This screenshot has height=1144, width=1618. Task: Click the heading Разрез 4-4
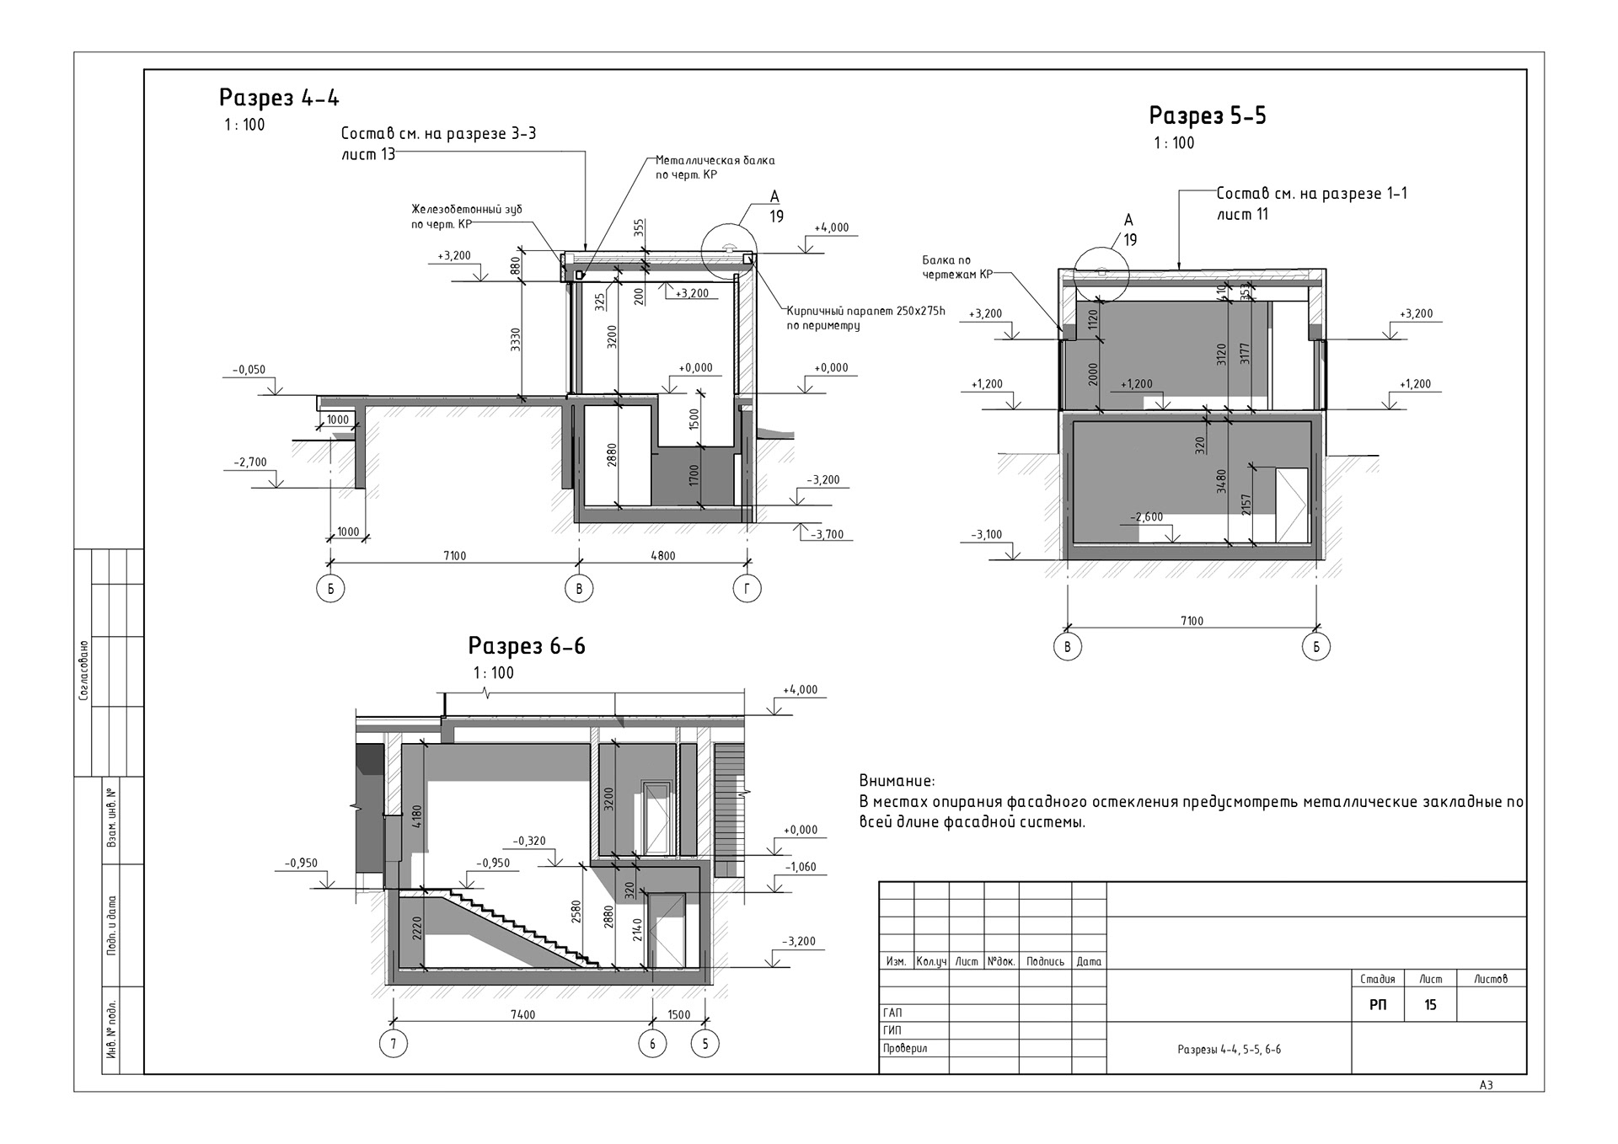pos(279,98)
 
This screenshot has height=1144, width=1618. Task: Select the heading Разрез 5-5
pos(1208,115)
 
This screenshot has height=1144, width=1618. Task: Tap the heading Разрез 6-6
pos(527,646)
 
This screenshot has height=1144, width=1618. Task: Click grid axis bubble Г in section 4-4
pos(747,589)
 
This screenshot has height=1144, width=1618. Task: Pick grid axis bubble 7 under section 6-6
pos(394,1044)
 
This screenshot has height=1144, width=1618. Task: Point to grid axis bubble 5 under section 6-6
pos(705,1044)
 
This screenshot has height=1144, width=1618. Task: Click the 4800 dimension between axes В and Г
pos(662,555)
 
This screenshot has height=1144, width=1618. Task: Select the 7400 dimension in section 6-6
pos(522,1014)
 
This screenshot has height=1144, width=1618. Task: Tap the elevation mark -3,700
pos(827,535)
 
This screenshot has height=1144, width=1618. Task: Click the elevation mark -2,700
pos(250,462)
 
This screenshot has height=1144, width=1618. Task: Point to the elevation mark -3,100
pos(987,535)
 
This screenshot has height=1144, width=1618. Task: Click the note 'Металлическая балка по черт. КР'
pos(715,168)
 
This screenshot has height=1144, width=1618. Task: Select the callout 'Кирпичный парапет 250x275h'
pos(865,311)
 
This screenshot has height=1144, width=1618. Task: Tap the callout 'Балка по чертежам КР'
pos(957,267)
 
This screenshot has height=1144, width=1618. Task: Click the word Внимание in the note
pos(897,781)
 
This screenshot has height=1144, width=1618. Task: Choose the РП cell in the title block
pos(1378,1005)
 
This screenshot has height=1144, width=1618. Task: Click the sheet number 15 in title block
pos(1430,1005)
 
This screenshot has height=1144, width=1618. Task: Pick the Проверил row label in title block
pos(905,1049)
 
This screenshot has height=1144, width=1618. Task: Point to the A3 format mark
pos(1486,1085)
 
